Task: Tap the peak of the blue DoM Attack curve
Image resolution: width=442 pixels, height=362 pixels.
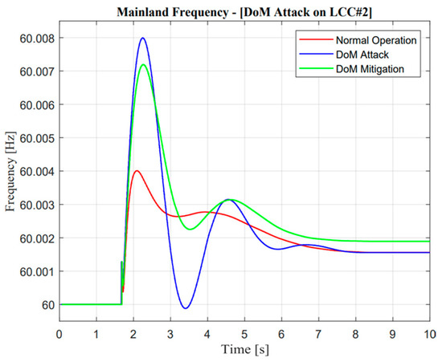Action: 143,38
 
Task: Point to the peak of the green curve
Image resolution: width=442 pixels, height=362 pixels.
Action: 143,65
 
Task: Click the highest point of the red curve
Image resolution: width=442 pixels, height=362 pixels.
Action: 137,170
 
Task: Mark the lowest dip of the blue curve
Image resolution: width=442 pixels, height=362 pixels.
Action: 185,308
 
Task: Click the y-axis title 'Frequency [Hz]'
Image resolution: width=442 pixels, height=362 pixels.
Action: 11,171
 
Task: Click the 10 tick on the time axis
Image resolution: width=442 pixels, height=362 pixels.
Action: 429,331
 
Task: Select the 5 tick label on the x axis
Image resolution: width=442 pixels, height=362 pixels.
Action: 244,331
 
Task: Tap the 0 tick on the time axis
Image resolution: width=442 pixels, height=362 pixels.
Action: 59,331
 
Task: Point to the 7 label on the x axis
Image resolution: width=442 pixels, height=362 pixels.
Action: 318,331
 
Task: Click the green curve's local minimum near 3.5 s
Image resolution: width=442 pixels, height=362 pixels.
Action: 190,229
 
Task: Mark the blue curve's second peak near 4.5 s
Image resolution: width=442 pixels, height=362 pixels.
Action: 228,199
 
